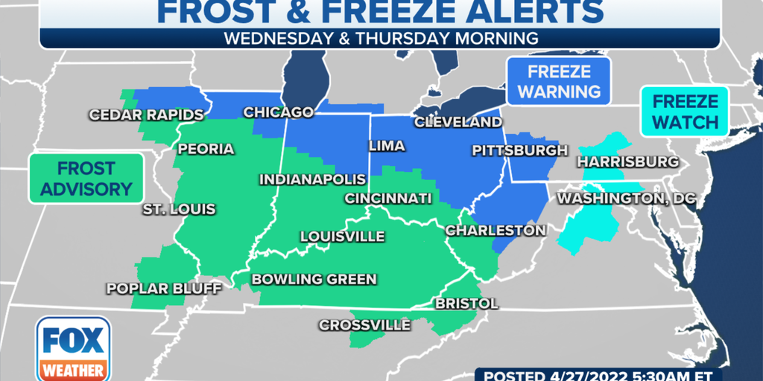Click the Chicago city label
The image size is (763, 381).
click(279, 112)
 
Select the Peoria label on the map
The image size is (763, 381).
click(206, 149)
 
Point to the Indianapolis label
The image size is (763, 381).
click(312, 179)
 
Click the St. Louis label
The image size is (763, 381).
click(179, 209)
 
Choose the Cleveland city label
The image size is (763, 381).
click(458, 121)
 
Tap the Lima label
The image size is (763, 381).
click(387, 146)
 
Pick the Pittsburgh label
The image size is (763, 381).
click(519, 150)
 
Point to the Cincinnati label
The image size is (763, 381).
click(387, 198)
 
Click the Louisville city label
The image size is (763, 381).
click(342, 237)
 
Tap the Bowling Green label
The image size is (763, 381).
click(314, 279)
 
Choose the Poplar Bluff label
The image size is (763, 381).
click(153, 288)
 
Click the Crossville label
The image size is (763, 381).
click(364, 325)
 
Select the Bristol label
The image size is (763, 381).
click(466, 304)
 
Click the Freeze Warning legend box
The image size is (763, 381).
click(559, 81)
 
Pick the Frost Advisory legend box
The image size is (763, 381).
click(86, 179)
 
